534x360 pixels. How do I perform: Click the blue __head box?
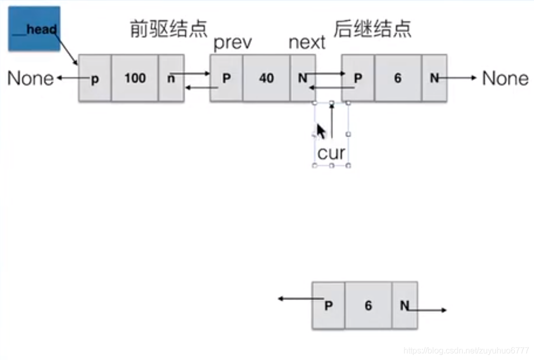click(34, 29)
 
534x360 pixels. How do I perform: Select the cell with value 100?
click(135, 79)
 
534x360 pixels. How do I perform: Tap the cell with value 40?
click(266, 79)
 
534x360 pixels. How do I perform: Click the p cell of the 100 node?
click(95, 79)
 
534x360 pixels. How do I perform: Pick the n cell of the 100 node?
click(171, 79)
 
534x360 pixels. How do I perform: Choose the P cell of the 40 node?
click(226, 79)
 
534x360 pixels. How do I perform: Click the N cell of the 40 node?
click(303, 79)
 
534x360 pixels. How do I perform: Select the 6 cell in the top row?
click(398, 79)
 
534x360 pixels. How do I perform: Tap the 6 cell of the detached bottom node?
click(368, 306)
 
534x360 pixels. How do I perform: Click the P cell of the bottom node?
click(328, 306)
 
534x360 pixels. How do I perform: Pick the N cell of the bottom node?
click(405, 306)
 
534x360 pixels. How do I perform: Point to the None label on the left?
click(31, 79)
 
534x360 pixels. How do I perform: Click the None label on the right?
click(505, 79)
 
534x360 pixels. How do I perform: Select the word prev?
click(232, 43)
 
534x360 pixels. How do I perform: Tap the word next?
click(307, 43)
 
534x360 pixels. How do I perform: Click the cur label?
click(331, 153)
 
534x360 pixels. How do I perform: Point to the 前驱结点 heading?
click(168, 29)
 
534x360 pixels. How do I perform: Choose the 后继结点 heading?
click(372, 29)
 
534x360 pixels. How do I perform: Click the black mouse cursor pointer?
click(321, 131)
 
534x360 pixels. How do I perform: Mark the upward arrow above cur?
click(332, 121)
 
